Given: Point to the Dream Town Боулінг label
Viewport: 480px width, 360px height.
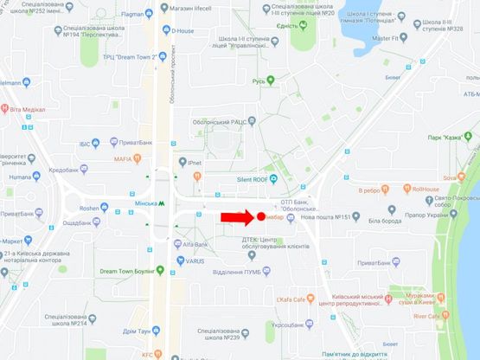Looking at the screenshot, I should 131,271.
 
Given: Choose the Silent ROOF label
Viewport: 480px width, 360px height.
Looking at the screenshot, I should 246,179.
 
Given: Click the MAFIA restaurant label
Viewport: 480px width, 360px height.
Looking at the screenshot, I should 123,159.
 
